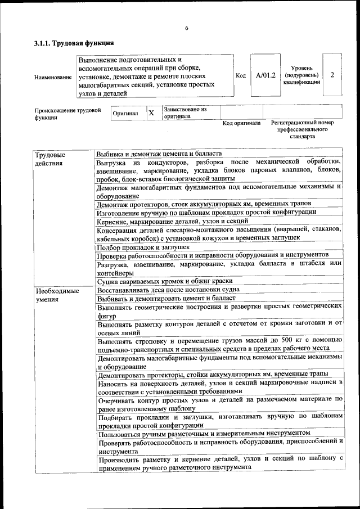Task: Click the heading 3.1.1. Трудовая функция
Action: pyautogui.click(x=74, y=43)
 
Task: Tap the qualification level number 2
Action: pyautogui.click(x=333, y=75)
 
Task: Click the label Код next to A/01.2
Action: pyautogui.click(x=240, y=75)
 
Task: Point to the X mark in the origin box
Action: pyautogui.click(x=151, y=113)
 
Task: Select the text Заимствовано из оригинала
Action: pyautogui.click(x=185, y=112)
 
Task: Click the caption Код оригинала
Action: pyautogui.click(x=241, y=123)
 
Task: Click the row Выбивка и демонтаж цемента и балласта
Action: pyautogui.click(x=159, y=154)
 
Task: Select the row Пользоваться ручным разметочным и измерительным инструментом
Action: pyautogui.click(x=204, y=433)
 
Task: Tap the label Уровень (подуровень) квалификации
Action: pyautogui.click(x=302, y=75)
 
